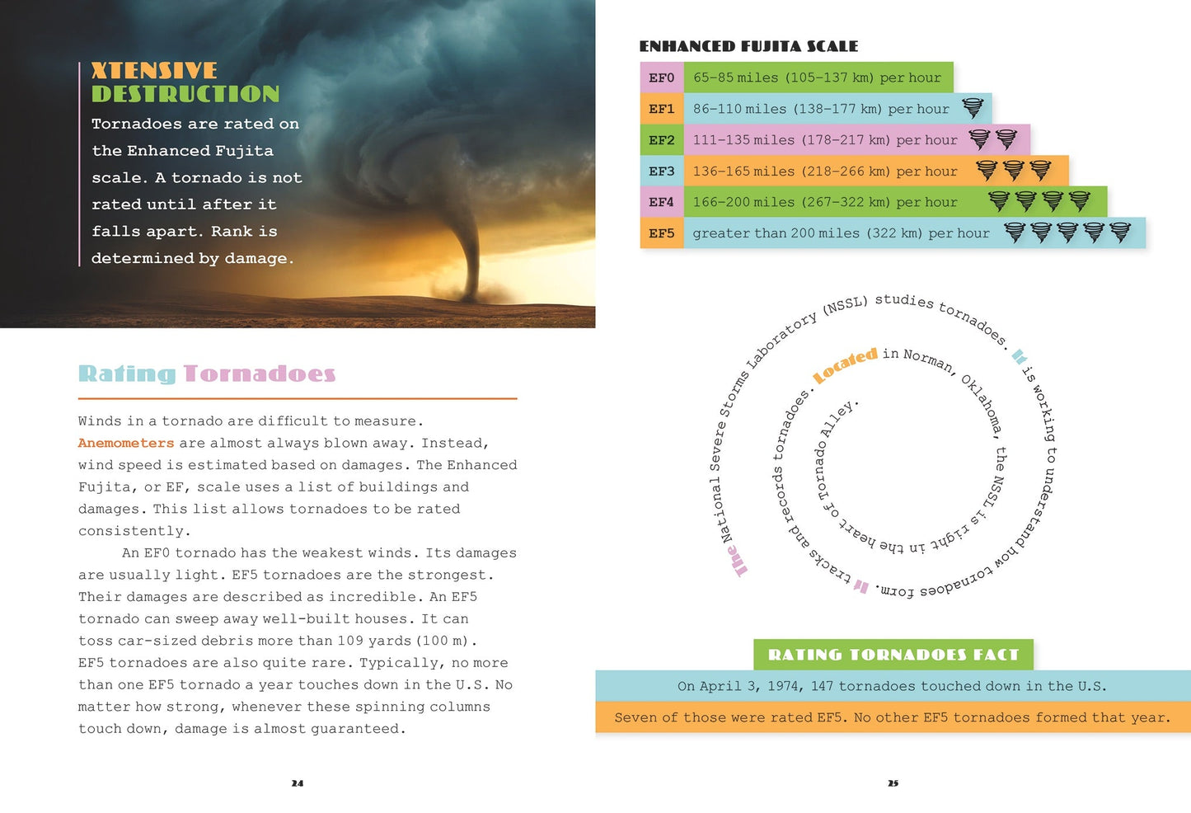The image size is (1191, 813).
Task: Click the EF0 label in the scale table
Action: [x=662, y=78]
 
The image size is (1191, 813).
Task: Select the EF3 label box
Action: [x=662, y=172]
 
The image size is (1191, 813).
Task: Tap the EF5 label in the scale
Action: [x=662, y=233]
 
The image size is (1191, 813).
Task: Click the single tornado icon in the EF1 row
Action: [x=973, y=108]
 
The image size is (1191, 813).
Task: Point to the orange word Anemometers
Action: [x=126, y=443]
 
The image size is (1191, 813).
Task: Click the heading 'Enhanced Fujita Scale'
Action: [x=748, y=46]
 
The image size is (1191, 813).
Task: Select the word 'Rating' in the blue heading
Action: [x=127, y=374]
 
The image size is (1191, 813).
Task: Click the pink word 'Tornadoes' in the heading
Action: [x=260, y=374]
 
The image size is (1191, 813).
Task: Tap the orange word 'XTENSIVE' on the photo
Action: [x=154, y=71]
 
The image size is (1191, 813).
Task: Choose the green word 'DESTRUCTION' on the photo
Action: [x=185, y=94]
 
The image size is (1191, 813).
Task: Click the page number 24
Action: [x=298, y=783]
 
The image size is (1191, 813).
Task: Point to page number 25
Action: [x=893, y=783]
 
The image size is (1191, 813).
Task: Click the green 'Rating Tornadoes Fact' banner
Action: [x=893, y=655]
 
